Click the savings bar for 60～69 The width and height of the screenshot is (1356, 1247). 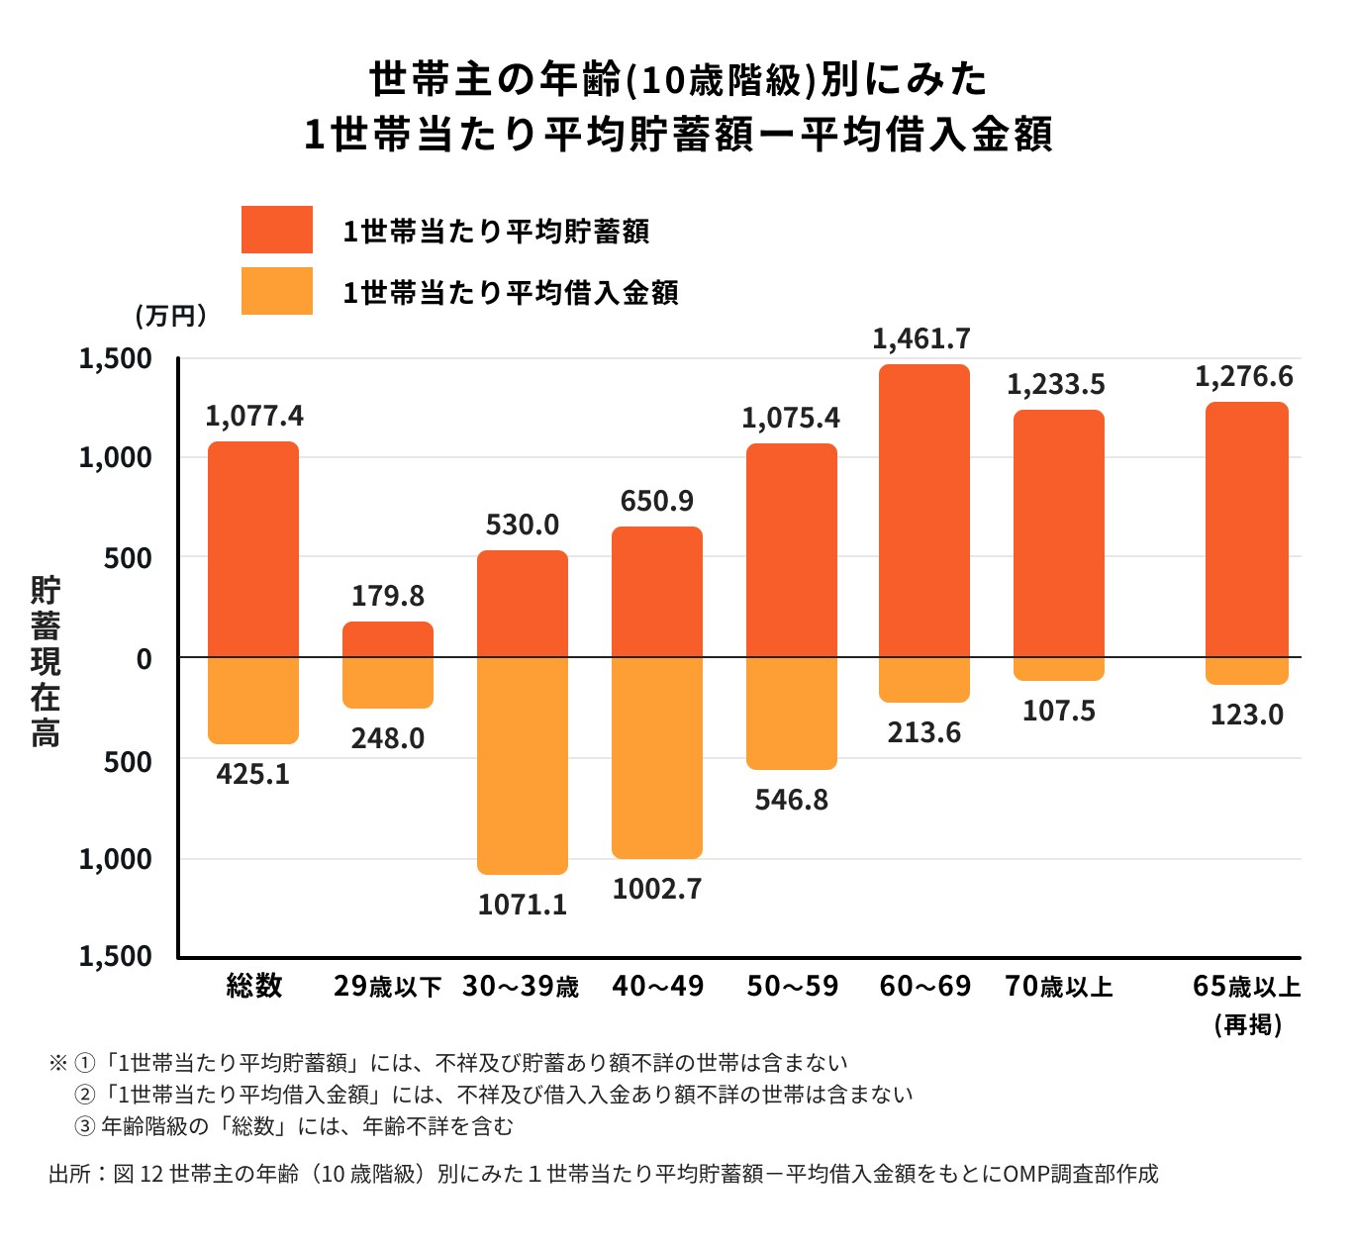pyautogui.click(x=924, y=511)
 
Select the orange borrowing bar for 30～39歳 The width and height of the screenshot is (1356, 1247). pyautogui.click(x=523, y=765)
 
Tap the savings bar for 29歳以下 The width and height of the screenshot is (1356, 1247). pyautogui.click(x=388, y=639)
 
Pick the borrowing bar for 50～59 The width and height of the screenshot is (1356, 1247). pyautogui.click(x=792, y=713)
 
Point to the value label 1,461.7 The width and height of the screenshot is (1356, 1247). pyautogui.click(x=921, y=339)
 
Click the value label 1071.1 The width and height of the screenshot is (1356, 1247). pyautogui.click(x=523, y=905)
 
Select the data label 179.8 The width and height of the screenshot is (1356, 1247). pyautogui.click(x=388, y=596)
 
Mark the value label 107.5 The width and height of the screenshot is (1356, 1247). pyautogui.click(x=1058, y=712)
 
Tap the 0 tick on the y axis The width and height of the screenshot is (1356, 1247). pyautogui.click(x=145, y=659)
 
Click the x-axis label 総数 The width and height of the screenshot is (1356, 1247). pyautogui.click(x=254, y=986)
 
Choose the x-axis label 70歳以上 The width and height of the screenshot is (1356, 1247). pyautogui.click(x=1059, y=987)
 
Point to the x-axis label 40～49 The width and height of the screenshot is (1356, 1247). pyautogui.click(x=658, y=987)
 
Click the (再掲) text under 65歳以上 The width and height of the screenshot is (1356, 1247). pyautogui.click(x=1248, y=1024)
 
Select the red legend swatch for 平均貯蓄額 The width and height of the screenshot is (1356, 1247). pyautogui.click(x=277, y=231)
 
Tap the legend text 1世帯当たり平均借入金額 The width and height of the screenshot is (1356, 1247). pyautogui.click(x=510, y=293)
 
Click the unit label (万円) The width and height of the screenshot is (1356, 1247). pyautogui.click(x=171, y=316)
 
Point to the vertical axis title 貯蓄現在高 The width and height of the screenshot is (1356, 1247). pyautogui.click(x=46, y=660)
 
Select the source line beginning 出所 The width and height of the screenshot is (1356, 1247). pyautogui.click(x=603, y=1174)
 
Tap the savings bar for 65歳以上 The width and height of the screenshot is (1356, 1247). pyautogui.click(x=1247, y=529)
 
